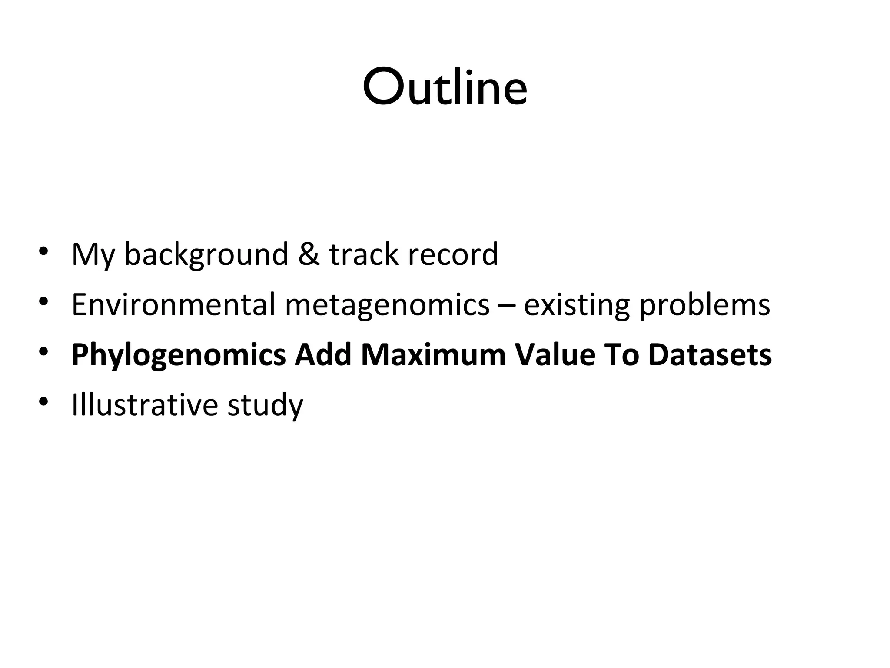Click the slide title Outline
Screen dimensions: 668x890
tap(445, 87)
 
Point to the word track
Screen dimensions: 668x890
tap(363, 254)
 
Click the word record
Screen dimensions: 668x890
tap(452, 254)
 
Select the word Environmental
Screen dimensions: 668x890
tap(173, 304)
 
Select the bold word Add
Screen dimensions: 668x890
tap(323, 355)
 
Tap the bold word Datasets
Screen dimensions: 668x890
tap(710, 355)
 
